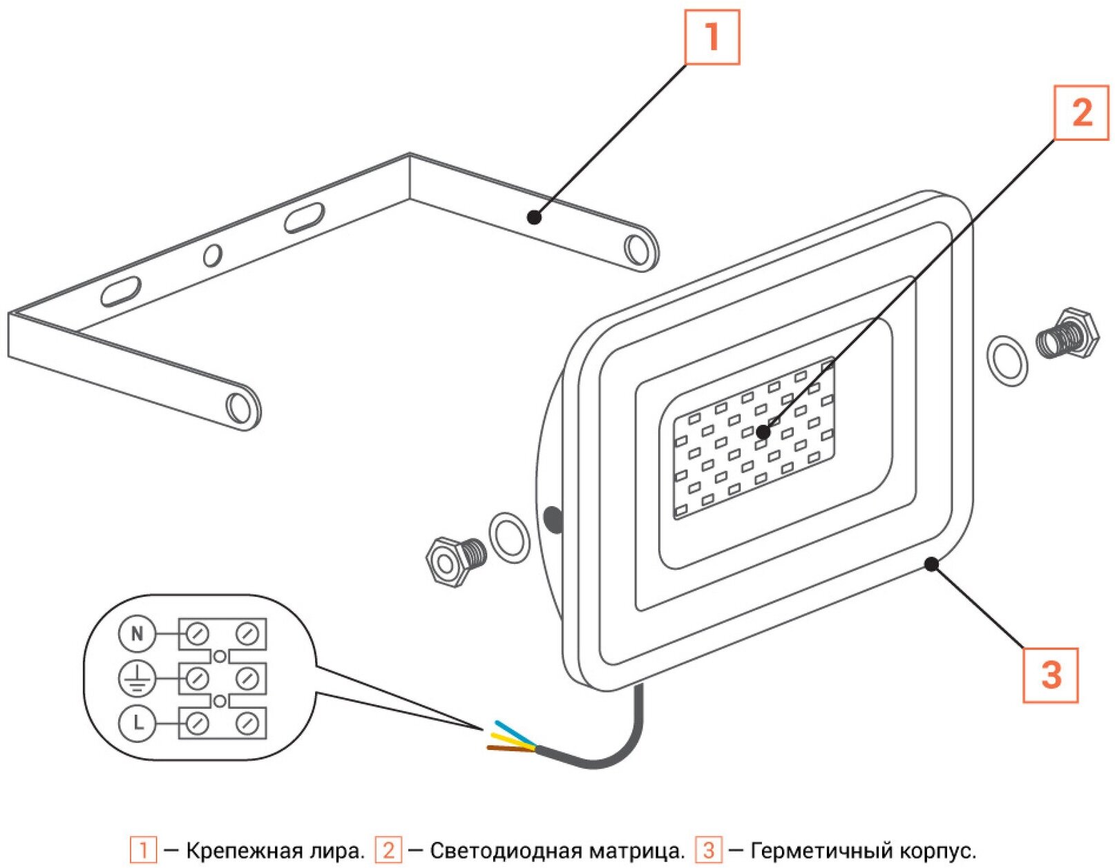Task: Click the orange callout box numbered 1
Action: (712, 37)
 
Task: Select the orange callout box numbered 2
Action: (1080, 113)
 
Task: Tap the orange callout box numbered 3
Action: (1050, 675)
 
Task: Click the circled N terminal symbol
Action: (137, 633)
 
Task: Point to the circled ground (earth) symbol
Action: (137, 678)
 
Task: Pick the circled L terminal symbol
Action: (137, 723)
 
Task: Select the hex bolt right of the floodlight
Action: (1068, 334)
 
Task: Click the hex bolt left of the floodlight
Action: (453, 560)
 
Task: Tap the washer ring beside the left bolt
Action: (509, 537)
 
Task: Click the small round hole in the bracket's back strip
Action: (212, 255)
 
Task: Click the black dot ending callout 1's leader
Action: (534, 218)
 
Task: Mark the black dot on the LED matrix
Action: (763, 432)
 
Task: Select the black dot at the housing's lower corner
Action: (931, 564)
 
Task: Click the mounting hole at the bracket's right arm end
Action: (636, 249)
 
